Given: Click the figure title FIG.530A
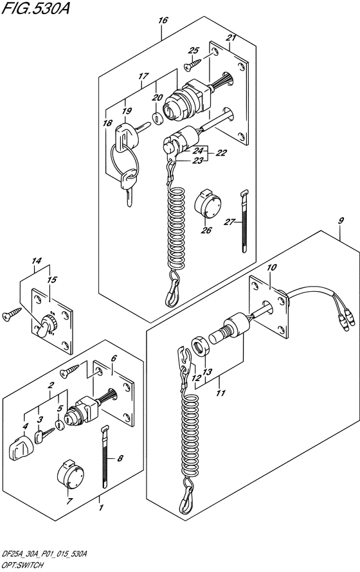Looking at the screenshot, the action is (x=35, y=8).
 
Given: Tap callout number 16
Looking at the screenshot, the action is (x=163, y=21).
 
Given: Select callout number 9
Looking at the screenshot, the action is (x=341, y=220).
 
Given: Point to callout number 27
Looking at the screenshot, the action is (x=229, y=221).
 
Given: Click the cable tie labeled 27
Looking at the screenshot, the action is (x=244, y=221).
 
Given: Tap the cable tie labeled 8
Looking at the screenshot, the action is (x=105, y=457).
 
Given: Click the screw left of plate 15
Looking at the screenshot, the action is (x=12, y=314).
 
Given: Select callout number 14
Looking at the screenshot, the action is (x=36, y=261).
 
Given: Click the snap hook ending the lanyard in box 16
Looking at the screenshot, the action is (x=173, y=293).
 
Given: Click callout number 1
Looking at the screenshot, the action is (x=102, y=507).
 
